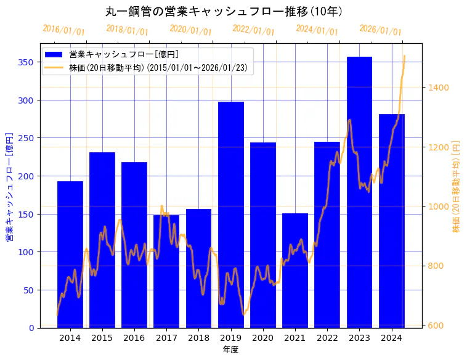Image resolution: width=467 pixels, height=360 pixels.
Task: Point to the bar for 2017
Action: pos(166,271)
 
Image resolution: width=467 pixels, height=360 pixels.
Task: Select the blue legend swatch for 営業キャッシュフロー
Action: pos(54,55)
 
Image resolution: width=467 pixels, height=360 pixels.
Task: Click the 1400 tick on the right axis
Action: pos(439,88)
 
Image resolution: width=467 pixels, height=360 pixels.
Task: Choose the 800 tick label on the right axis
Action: pos(436,266)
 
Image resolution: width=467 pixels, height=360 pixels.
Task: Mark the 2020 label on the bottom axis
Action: pos(263,338)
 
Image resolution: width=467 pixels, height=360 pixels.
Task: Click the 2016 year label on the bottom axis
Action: pos(134,338)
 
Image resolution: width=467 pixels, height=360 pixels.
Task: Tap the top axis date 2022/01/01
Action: pos(253,30)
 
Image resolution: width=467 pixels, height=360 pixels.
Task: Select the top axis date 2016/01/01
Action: pos(63,30)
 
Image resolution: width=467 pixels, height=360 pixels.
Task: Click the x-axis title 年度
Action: pos(230,350)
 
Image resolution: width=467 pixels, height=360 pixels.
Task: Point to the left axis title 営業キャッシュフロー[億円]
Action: pos(9,187)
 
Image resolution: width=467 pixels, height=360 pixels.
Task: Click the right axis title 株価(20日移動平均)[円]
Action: pos(457,187)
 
